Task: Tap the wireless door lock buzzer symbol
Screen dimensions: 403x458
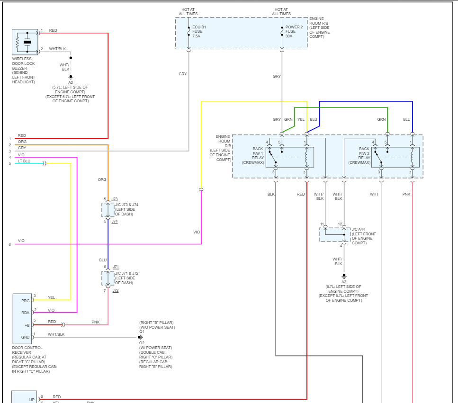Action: point(26,43)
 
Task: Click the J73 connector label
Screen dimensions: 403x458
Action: point(115,199)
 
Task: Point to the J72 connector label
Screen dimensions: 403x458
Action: point(115,290)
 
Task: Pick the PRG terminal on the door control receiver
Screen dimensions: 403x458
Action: point(25,300)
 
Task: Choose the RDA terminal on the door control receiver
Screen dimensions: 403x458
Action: point(25,313)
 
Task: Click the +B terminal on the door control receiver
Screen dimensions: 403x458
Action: point(27,325)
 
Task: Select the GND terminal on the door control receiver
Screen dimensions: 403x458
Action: point(25,337)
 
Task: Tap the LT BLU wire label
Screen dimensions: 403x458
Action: point(24,161)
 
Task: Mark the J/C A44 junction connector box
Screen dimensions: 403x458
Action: point(334,234)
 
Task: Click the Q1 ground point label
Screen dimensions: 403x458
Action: point(142,332)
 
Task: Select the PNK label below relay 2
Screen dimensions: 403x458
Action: point(406,194)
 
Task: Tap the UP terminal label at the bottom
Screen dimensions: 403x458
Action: point(32,399)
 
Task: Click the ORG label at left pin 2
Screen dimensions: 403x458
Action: point(22,142)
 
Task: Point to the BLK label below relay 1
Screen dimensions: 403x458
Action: point(271,194)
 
